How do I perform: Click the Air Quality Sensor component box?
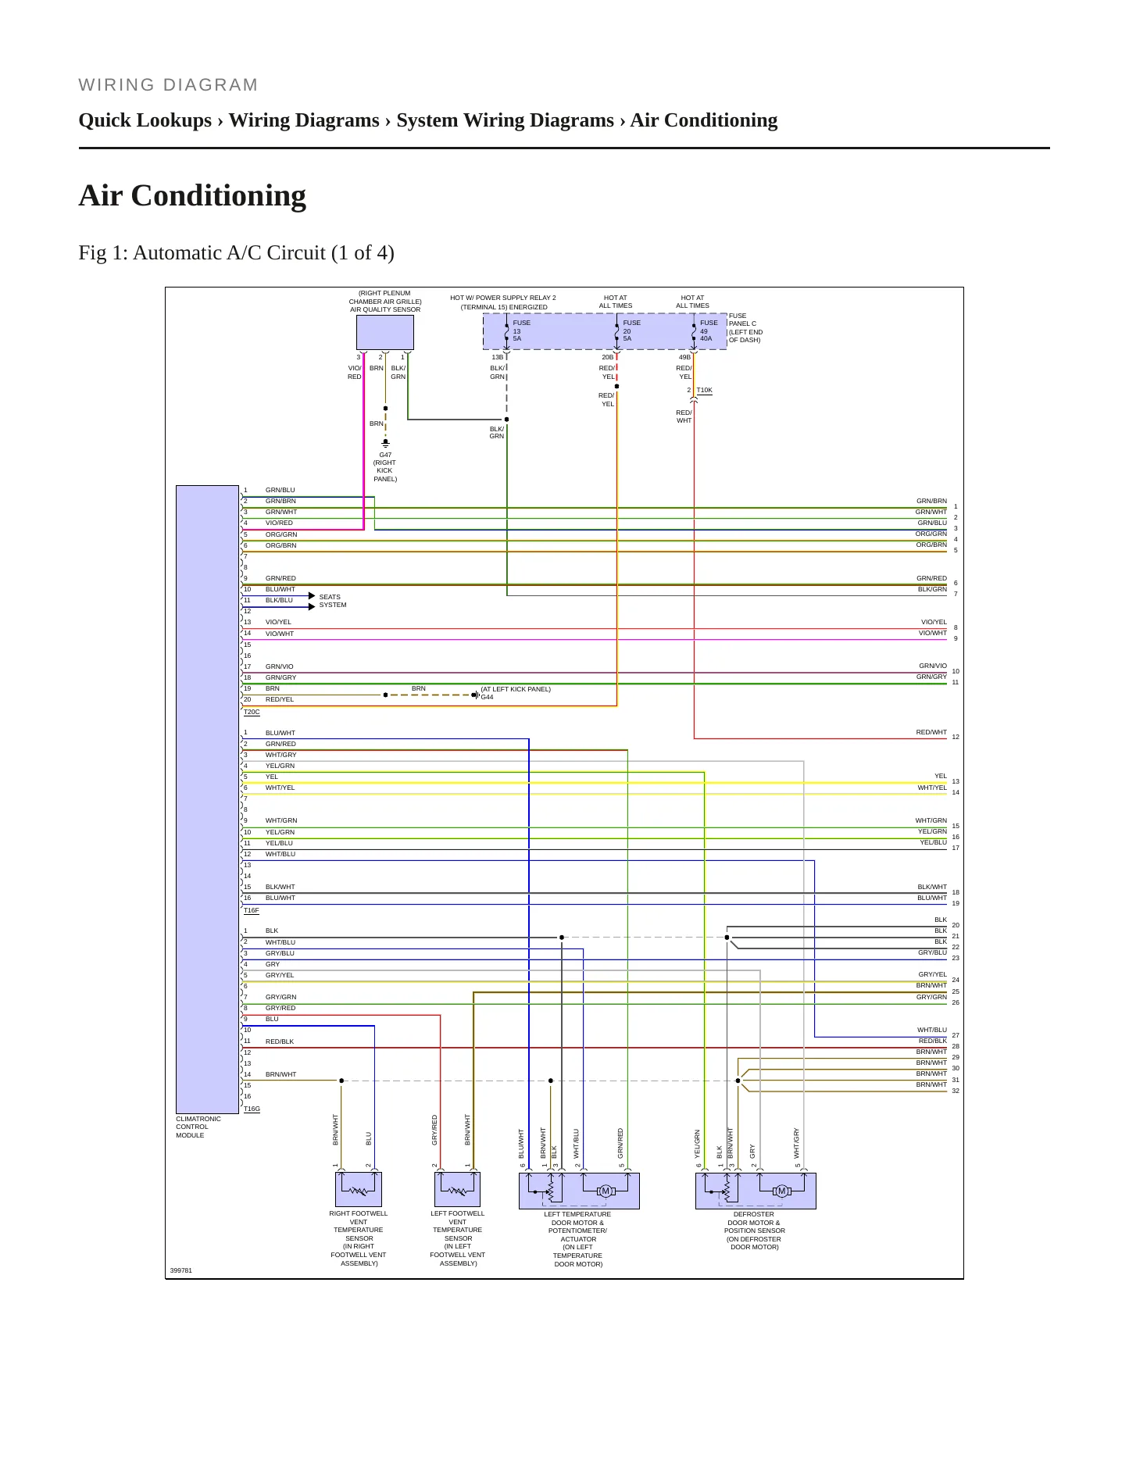click(385, 332)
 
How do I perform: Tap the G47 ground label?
click(385, 455)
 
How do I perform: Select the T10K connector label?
click(704, 390)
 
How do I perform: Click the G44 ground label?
click(487, 697)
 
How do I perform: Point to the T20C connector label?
click(252, 712)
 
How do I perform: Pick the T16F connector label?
click(252, 910)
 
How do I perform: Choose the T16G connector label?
click(252, 1109)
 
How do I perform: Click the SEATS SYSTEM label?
click(333, 601)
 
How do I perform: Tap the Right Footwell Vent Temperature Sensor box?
click(359, 1189)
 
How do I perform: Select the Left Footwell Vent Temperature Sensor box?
click(457, 1189)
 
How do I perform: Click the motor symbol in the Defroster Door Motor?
click(781, 1191)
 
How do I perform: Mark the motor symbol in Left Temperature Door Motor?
click(605, 1191)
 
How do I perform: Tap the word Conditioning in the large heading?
click(219, 196)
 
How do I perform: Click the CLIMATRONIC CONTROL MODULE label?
click(198, 1127)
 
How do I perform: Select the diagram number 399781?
click(181, 1270)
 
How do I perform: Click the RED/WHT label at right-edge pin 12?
click(931, 732)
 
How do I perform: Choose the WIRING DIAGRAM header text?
click(169, 85)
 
